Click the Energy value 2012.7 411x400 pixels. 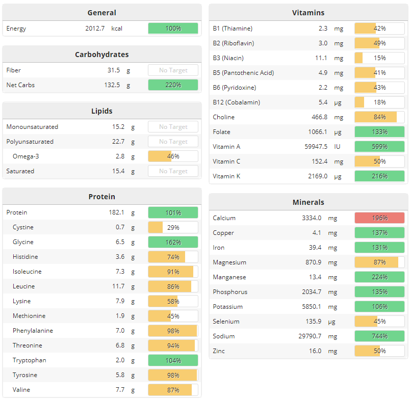click(95, 29)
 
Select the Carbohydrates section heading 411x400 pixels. click(101, 55)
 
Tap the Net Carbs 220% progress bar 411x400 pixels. click(173, 85)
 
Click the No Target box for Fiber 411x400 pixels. click(173, 70)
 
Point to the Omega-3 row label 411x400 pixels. click(25, 156)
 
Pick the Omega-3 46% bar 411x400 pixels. click(173, 156)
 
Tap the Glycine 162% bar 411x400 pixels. click(173, 242)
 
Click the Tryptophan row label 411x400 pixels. click(29, 360)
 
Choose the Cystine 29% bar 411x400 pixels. click(173, 227)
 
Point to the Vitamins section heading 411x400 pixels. click(308, 13)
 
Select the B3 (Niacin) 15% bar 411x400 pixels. click(379, 58)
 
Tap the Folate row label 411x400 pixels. click(222, 132)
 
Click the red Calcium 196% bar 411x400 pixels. click(379, 218)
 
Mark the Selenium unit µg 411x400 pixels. click(332, 322)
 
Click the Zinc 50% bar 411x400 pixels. click(379, 351)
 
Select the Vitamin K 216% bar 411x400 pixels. click(379, 176)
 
